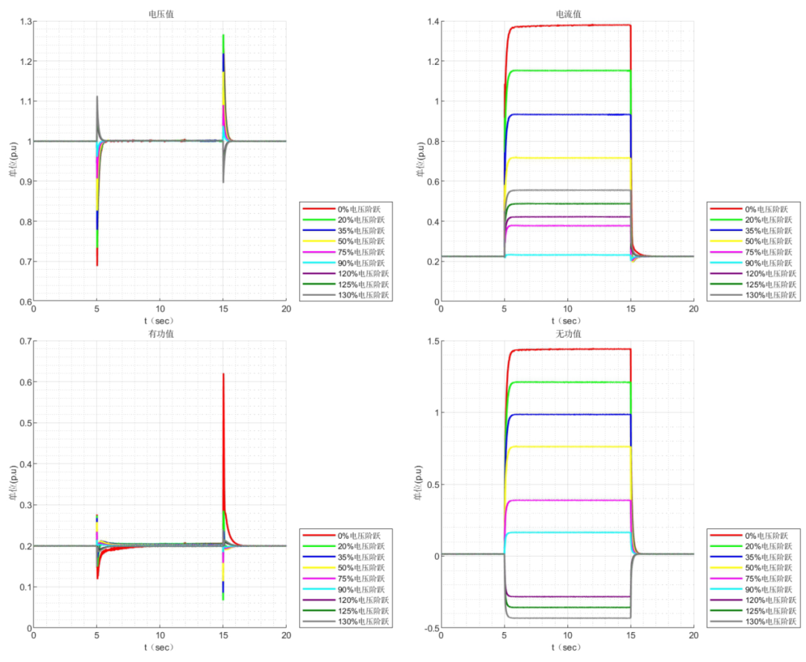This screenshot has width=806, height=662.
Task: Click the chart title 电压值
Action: tap(160, 13)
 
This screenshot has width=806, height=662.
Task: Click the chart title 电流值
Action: tap(567, 13)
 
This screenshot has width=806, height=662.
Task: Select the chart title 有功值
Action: tap(160, 332)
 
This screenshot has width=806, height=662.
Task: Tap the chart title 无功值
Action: tap(567, 332)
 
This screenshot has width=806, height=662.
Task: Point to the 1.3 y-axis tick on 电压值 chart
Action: tap(24, 21)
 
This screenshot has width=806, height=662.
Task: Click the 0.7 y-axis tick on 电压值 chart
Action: tap(24, 262)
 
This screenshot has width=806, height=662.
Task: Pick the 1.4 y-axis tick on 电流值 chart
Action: tap(431, 21)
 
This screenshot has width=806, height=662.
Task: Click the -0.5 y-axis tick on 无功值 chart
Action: tap(430, 628)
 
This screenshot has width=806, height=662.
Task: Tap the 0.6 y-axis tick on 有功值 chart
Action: tap(24, 382)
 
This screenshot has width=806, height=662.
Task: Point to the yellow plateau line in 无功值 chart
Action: tap(567, 447)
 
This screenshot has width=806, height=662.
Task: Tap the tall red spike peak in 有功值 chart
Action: tap(223, 374)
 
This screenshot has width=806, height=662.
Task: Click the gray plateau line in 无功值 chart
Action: tap(567, 618)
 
